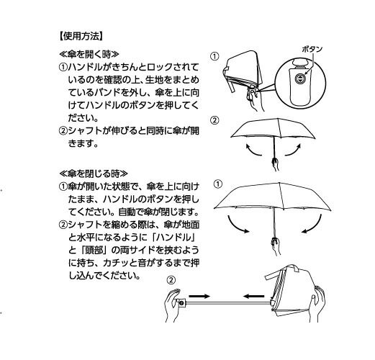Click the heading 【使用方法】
click(81, 37)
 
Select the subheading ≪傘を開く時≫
click(89, 54)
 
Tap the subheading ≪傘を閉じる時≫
click(94, 174)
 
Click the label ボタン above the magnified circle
click(312, 50)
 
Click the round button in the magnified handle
click(300, 78)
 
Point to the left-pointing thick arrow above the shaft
click(254, 296)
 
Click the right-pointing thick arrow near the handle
click(199, 296)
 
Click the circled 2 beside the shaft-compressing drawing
click(171, 280)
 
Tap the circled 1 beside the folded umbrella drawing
click(214, 56)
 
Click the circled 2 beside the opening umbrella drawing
click(214, 120)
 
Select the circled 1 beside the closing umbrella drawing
click(218, 184)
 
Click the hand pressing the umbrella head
click(318, 304)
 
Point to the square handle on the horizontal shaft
click(182, 302)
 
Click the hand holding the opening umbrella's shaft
click(275, 163)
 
